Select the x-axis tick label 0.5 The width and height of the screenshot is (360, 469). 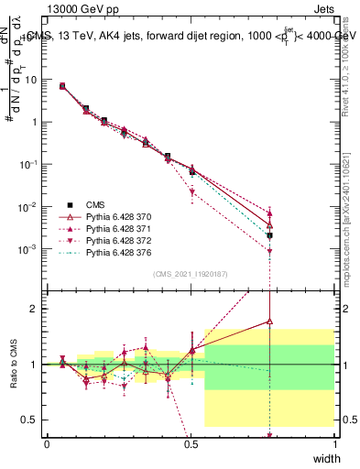(191, 443)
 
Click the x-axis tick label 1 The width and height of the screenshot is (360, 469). (333, 443)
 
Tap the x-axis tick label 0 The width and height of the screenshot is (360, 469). (48, 443)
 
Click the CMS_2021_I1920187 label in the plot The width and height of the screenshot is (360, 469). (191, 274)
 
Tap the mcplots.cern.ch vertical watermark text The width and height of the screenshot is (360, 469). (351, 229)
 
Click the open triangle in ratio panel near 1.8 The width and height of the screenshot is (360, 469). (269, 321)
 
